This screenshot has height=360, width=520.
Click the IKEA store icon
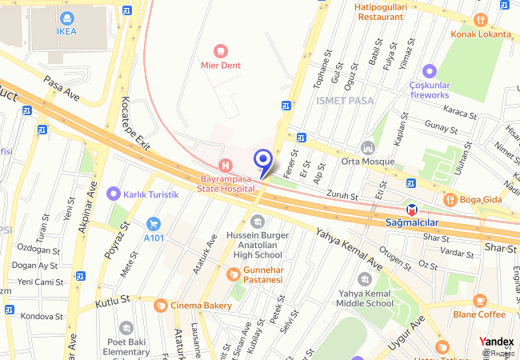[x=66, y=18]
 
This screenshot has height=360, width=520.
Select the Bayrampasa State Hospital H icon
[x=226, y=164]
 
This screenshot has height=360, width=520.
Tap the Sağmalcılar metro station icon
[x=412, y=209]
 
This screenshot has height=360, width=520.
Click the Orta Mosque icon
[x=368, y=148]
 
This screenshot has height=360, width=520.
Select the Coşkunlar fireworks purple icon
[x=430, y=71]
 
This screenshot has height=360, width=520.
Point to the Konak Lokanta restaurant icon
[x=480, y=20]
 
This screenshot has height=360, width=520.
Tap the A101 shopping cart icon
[x=154, y=224]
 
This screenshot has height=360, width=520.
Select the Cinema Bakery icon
[x=160, y=306]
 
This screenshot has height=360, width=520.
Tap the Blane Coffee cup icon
[x=479, y=301]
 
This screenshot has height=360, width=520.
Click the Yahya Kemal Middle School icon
[x=365, y=279]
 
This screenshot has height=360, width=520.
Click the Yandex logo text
[x=497, y=342]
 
